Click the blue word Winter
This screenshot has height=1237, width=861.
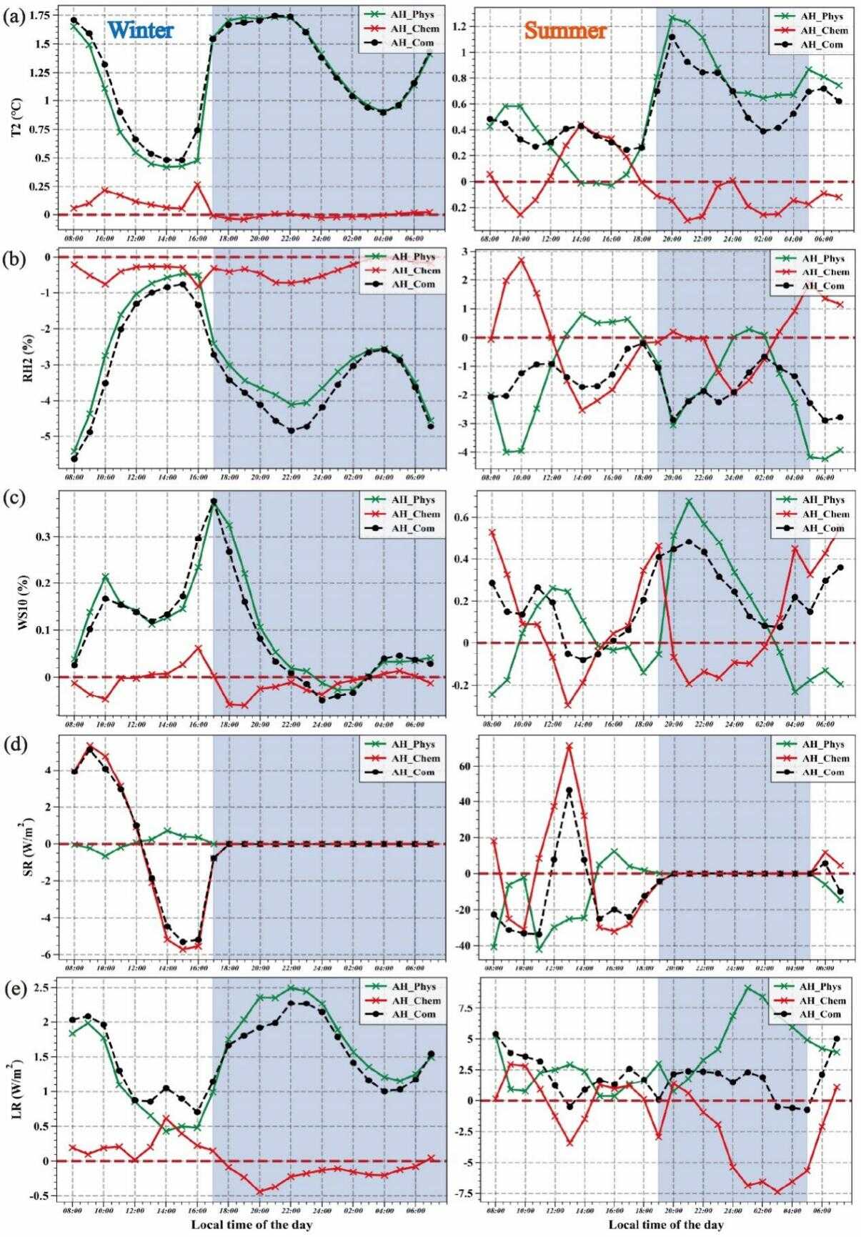pyautogui.click(x=141, y=30)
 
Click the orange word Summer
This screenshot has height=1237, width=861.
pyautogui.click(x=565, y=30)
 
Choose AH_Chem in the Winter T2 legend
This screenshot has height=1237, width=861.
pyautogui.click(x=415, y=29)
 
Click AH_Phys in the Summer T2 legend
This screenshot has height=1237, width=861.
pyautogui.click(x=822, y=16)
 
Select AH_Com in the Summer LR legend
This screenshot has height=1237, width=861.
pyautogui.click(x=821, y=1014)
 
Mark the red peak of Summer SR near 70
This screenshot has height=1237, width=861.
pyautogui.click(x=569, y=746)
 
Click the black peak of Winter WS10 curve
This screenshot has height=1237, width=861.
pyautogui.click(x=214, y=502)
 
